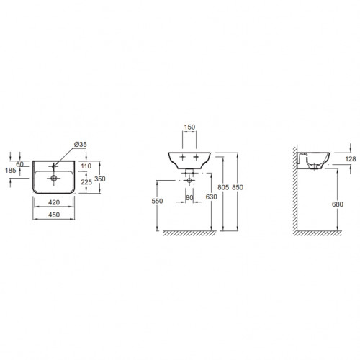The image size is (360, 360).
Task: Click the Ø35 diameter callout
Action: tap(81, 145)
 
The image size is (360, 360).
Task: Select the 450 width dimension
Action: tap(54, 215)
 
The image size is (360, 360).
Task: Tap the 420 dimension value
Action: tap(54, 202)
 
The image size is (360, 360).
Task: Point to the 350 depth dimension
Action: tap(100, 179)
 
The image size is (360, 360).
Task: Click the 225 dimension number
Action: tap(86, 182)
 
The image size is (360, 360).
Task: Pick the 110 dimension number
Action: tap(86, 166)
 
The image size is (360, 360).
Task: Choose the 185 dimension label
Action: tap(11, 171)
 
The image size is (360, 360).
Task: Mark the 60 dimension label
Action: tap(19, 164)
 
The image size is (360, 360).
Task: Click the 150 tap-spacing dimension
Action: tap(189, 127)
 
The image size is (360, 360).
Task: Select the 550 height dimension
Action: tap(157, 201)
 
